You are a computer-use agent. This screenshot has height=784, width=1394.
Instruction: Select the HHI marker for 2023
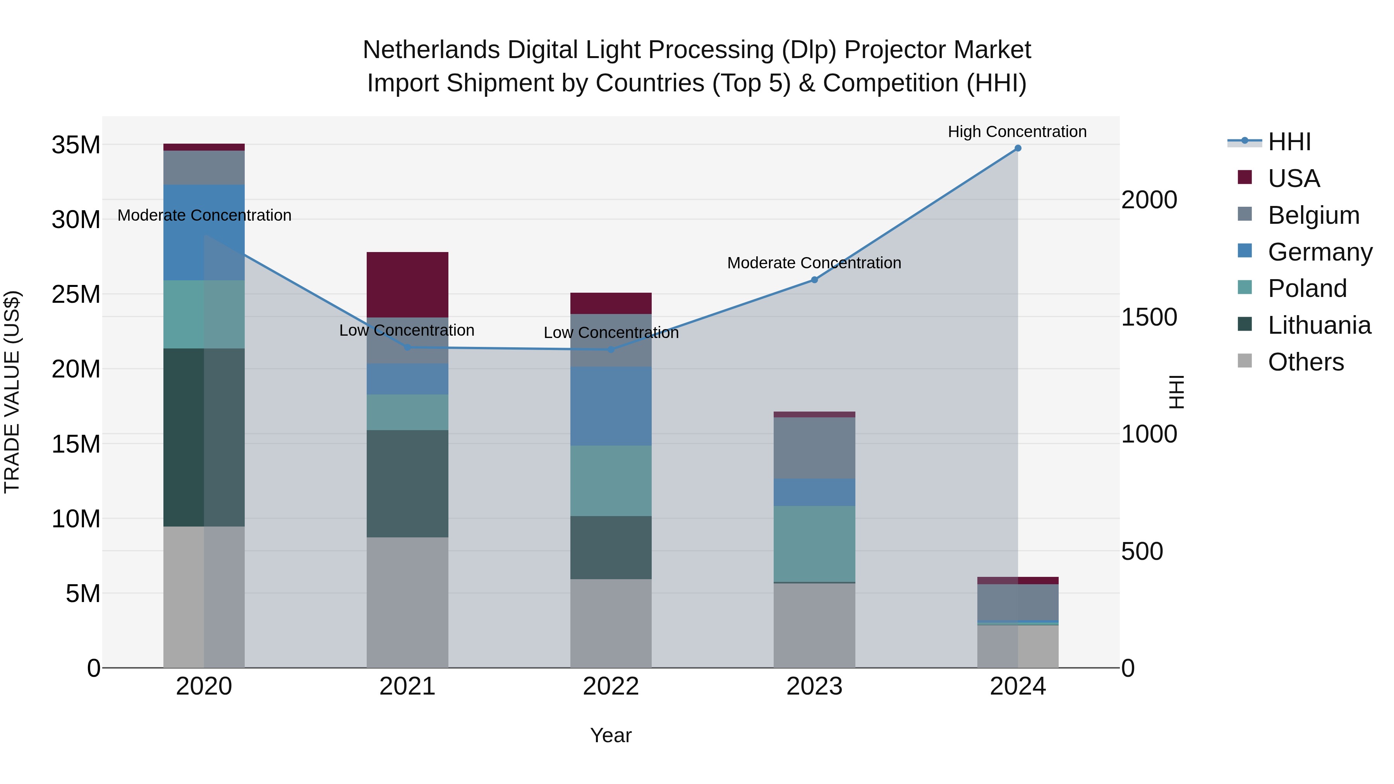814,280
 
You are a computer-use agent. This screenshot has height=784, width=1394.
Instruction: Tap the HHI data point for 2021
407,347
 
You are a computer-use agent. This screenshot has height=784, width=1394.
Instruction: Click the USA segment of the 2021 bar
407,285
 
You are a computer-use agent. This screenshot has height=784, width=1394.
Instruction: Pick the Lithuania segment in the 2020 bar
204,437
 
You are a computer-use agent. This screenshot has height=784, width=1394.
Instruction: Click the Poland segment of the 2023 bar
814,544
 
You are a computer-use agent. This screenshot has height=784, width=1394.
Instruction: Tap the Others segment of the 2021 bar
407,602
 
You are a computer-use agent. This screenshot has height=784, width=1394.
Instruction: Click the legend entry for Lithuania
1319,325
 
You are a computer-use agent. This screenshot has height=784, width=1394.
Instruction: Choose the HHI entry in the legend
1289,142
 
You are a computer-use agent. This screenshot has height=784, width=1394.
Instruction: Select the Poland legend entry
1307,288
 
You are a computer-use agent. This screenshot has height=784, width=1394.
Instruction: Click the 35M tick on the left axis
76,145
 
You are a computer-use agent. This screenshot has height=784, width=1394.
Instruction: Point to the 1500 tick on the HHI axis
1149,317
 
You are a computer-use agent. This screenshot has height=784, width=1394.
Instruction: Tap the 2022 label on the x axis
611,686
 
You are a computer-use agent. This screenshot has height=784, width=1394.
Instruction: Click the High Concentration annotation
1017,132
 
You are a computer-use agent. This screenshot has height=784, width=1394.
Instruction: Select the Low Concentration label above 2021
407,330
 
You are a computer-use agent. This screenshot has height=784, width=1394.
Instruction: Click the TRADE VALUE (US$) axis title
12,392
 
